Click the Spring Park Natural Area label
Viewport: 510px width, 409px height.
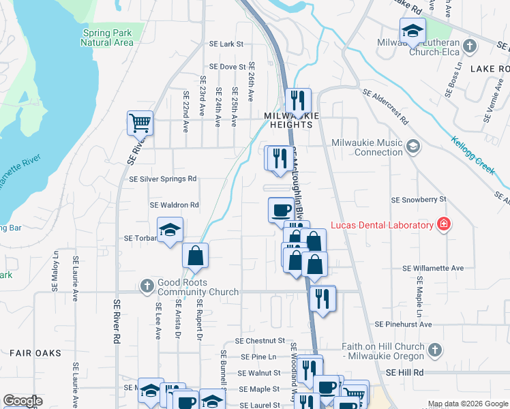pos(106,37)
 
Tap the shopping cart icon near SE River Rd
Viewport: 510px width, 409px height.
pos(140,123)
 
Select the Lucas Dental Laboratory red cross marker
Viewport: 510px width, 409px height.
pos(444,224)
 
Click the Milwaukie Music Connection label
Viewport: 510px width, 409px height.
pos(367,148)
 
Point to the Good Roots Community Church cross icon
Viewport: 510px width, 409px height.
pos(147,286)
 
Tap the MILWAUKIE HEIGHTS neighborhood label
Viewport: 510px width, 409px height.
pos(292,117)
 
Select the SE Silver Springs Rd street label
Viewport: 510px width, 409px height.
pos(163,179)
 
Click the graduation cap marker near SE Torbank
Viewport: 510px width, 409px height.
pos(170,230)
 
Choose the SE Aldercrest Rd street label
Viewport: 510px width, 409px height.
pos(385,107)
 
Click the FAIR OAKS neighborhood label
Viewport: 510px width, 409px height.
pos(35,353)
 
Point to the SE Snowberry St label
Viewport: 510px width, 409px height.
pos(418,200)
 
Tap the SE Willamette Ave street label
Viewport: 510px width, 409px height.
pos(433,269)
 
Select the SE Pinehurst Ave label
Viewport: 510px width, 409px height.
pos(404,325)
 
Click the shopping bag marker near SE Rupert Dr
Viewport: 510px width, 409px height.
pos(195,256)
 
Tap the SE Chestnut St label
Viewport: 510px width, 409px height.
pos(260,340)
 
